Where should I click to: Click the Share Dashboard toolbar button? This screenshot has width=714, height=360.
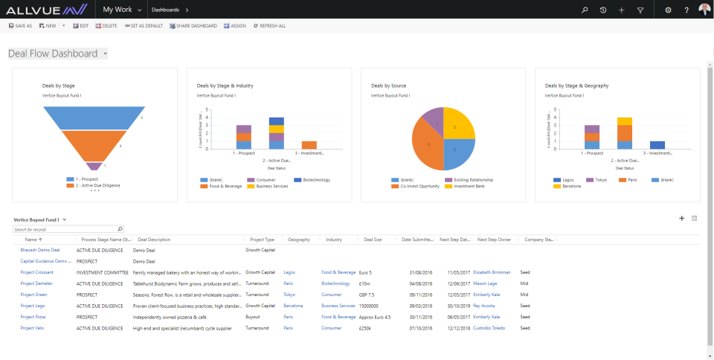[193, 26]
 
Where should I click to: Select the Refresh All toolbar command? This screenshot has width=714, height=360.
[269, 26]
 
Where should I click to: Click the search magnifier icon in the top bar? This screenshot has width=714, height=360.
[585, 10]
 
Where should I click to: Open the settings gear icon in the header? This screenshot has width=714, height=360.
[668, 10]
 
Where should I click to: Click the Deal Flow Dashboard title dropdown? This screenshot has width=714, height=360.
[57, 54]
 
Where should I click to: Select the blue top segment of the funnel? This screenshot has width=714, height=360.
[92, 118]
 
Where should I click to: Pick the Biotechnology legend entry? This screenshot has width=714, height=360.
[313, 180]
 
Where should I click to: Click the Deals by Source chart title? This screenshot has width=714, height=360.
[388, 86]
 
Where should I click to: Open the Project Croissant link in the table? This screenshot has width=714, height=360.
[37, 272]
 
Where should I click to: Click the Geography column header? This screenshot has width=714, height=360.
[298, 240]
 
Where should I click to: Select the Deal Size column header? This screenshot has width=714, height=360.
[373, 240]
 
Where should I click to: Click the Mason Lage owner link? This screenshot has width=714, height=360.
[485, 283]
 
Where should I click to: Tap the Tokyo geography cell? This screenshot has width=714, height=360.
[289, 295]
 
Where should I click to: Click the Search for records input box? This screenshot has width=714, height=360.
[65, 229]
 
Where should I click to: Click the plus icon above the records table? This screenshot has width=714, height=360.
[681, 218]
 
